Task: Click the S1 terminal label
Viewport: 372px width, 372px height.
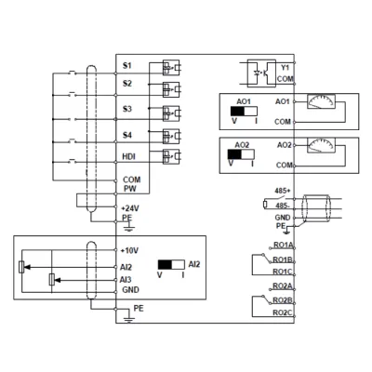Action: pyautogui.click(x=127, y=66)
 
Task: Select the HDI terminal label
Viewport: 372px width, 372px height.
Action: pyautogui.click(x=129, y=156)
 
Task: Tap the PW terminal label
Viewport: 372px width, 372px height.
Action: pyautogui.click(x=130, y=189)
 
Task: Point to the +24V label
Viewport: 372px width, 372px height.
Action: pyautogui.click(x=130, y=208)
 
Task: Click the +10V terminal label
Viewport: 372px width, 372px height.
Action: pyautogui.click(x=129, y=250)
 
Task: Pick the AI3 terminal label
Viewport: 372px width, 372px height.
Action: pyautogui.click(x=126, y=280)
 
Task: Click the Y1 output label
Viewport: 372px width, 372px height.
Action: pyautogui.click(x=285, y=67)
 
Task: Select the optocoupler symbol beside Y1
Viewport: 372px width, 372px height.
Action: pyautogui.click(x=261, y=73)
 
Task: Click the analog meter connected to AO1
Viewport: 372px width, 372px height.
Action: pyautogui.click(x=321, y=101)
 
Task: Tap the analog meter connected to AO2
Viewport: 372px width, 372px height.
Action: pyautogui.click(x=321, y=146)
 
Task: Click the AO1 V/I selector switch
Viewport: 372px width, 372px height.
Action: pyautogui.click(x=244, y=111)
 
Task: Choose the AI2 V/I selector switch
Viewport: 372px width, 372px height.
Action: pyautogui.click(x=171, y=264)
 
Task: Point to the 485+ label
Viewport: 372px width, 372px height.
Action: pyautogui.click(x=281, y=191)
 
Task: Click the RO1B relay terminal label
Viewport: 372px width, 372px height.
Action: pyautogui.click(x=283, y=259)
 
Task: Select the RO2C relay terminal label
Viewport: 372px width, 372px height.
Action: pyautogui.click(x=283, y=312)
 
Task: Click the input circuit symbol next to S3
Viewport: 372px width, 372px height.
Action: pyautogui.click(x=171, y=113)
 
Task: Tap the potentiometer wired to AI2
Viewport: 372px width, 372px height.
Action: pyautogui.click(x=21, y=267)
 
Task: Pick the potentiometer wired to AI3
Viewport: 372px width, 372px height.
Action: pyautogui.click(x=52, y=280)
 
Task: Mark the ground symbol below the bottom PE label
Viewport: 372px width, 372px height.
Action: pyautogui.click(x=129, y=319)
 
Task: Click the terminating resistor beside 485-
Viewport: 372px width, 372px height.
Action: pyautogui.click(x=265, y=205)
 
